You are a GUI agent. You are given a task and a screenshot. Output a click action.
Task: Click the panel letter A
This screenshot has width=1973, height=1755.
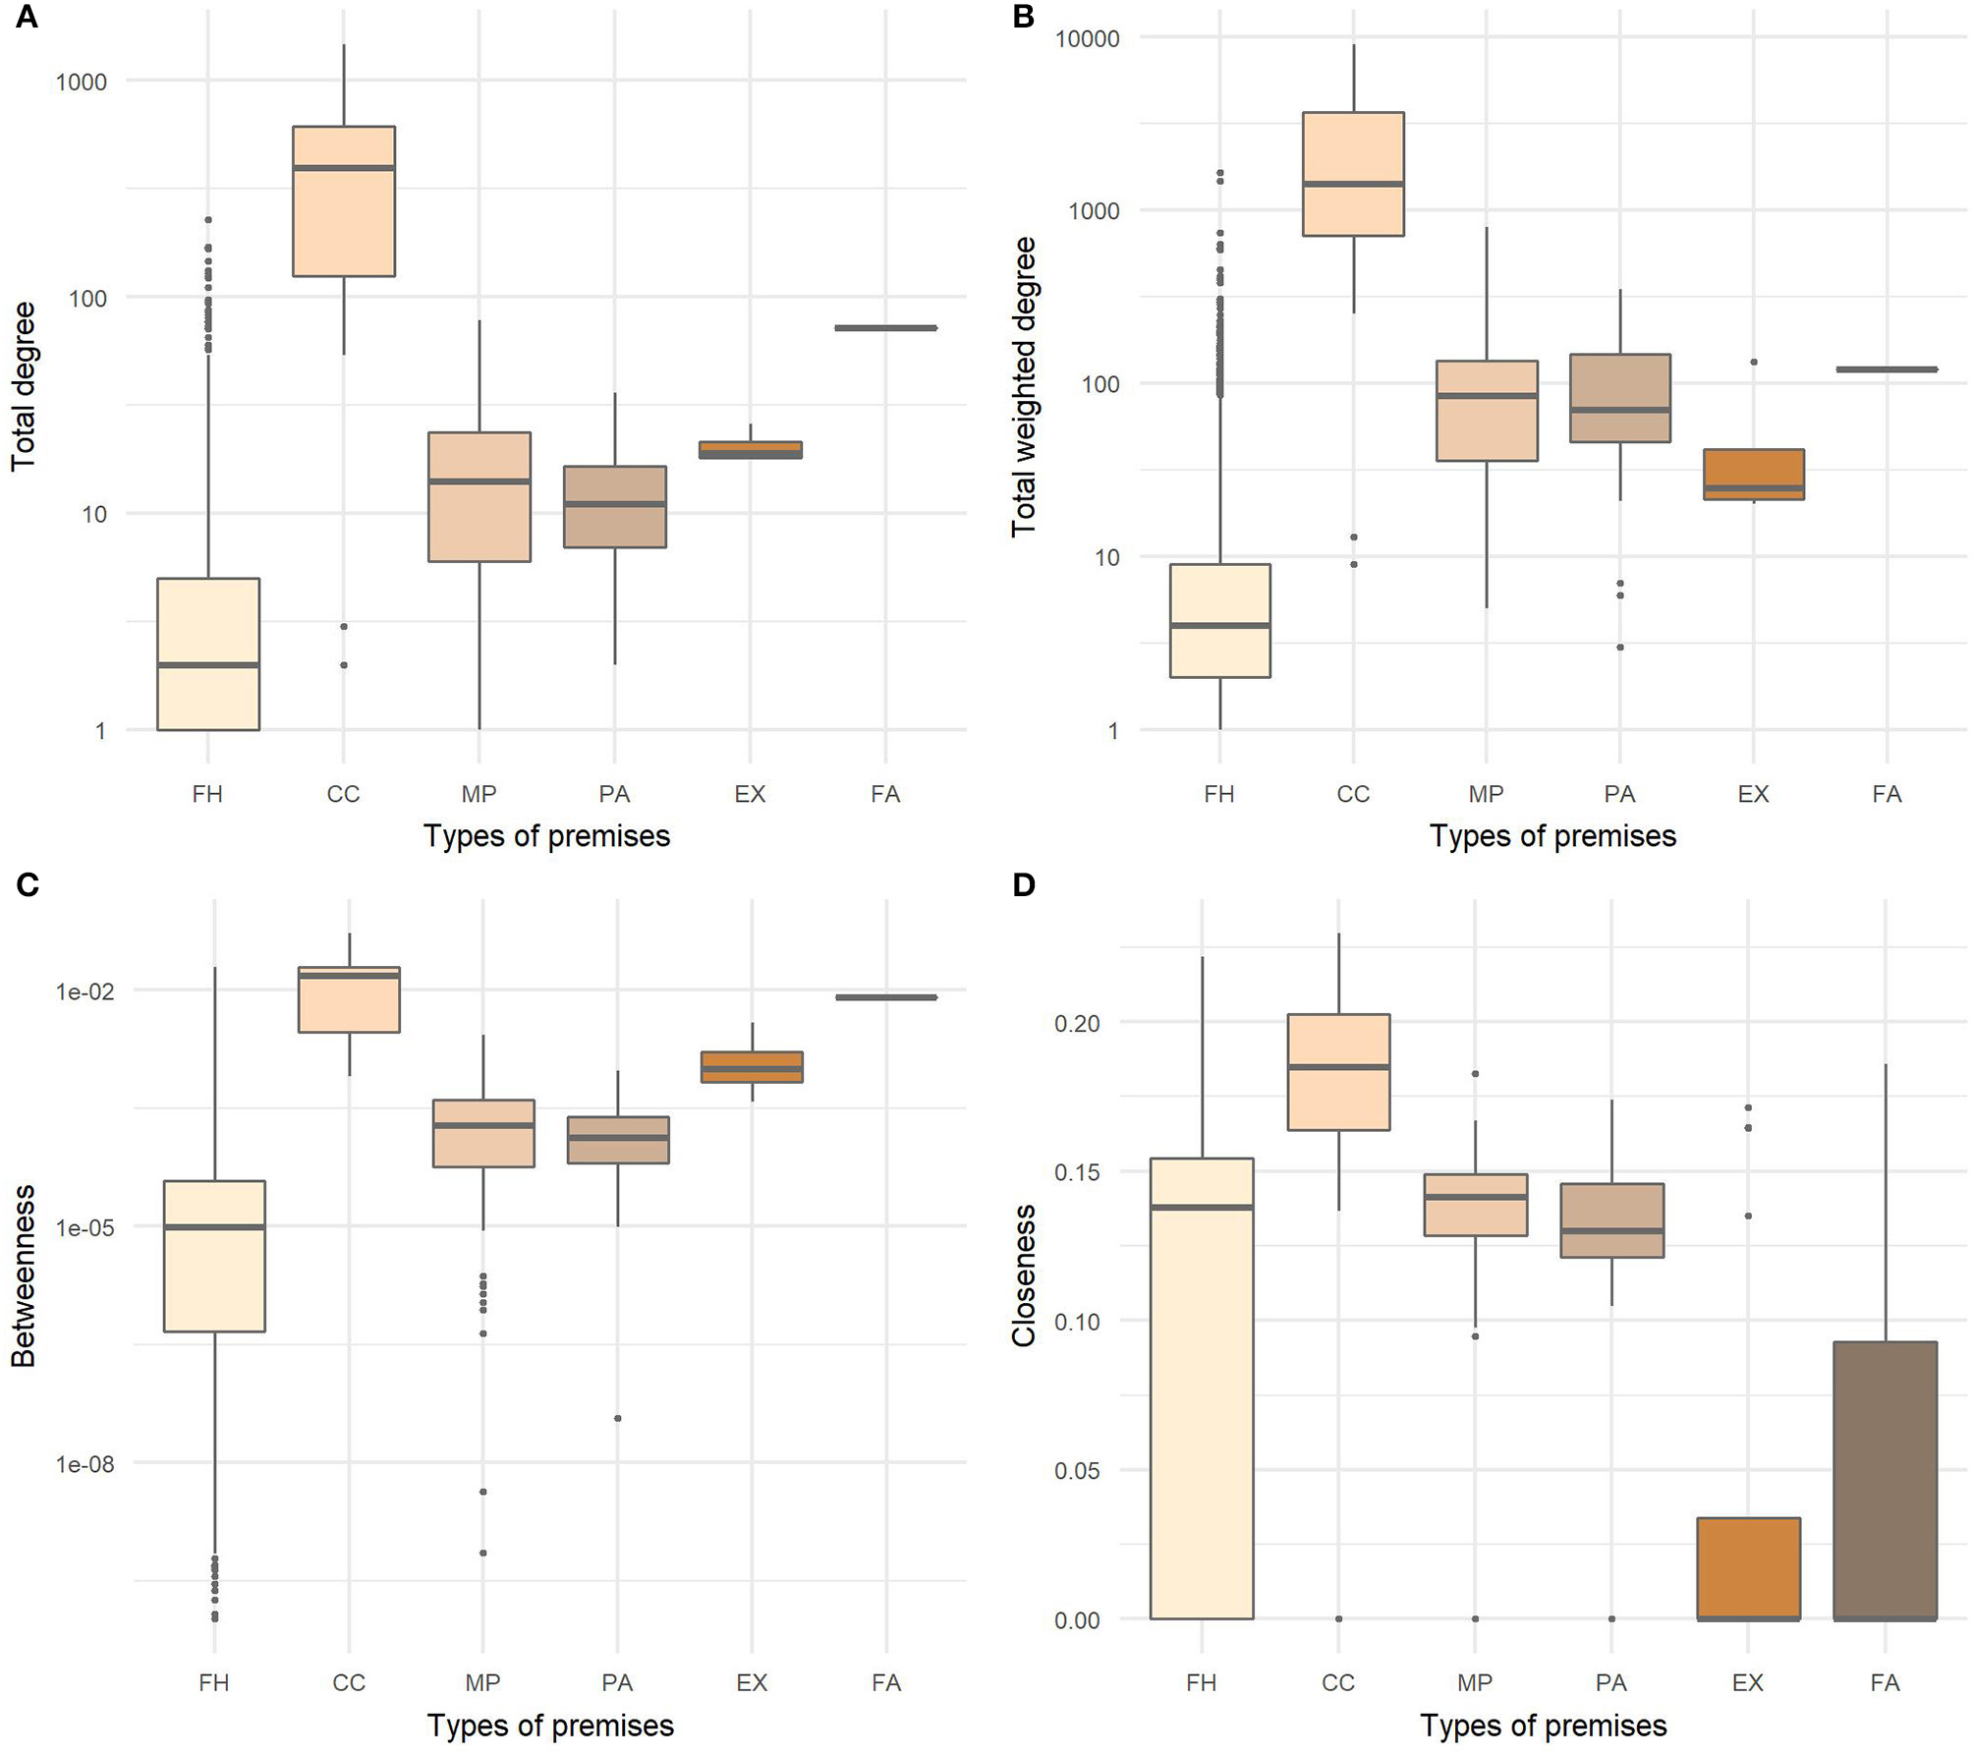pos(27,17)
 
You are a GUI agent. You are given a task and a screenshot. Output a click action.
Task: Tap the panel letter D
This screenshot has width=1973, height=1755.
pos(1023,885)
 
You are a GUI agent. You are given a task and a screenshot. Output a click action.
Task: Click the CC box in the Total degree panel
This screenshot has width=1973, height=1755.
pos(344,201)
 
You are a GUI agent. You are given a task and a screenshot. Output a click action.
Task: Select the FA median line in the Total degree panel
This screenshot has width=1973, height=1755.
pos(885,328)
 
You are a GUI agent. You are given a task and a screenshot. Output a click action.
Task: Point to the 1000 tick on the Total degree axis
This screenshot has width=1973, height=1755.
pos(82,82)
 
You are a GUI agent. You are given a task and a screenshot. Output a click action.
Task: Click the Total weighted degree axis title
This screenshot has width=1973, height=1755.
pos(1024,386)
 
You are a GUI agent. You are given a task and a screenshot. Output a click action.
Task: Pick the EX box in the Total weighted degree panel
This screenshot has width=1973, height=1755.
pos(1753,474)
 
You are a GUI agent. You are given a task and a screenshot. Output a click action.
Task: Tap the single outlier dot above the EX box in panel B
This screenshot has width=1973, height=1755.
pos(1754,363)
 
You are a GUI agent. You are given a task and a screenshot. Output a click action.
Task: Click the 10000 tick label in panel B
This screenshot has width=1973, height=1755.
pos(1087,38)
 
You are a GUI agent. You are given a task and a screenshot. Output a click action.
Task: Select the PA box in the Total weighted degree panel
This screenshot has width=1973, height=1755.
pos(1619,398)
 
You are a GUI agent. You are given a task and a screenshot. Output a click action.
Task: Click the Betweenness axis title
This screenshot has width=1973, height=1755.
pos(24,1275)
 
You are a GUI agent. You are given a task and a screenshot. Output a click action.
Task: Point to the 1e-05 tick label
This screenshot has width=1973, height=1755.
pos(85,1227)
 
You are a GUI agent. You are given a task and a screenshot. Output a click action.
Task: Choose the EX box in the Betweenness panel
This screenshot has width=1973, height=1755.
pos(752,1066)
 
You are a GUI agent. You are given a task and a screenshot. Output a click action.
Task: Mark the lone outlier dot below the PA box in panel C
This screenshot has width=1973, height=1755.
pos(617,1418)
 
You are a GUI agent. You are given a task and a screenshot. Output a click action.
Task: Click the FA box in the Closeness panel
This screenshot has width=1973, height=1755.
pos(1885,1480)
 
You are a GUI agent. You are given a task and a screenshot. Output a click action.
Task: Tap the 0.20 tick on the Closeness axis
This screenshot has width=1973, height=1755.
pos(1077,1023)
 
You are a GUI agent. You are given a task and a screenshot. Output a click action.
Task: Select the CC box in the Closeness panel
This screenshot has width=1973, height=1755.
pos(1338,1072)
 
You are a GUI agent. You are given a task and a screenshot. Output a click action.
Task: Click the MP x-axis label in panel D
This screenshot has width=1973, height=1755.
pos(1474,1682)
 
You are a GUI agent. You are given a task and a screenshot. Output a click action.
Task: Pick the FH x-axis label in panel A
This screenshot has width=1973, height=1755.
pos(207,794)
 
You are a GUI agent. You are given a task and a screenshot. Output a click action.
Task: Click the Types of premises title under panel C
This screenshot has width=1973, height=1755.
pos(550,1726)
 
